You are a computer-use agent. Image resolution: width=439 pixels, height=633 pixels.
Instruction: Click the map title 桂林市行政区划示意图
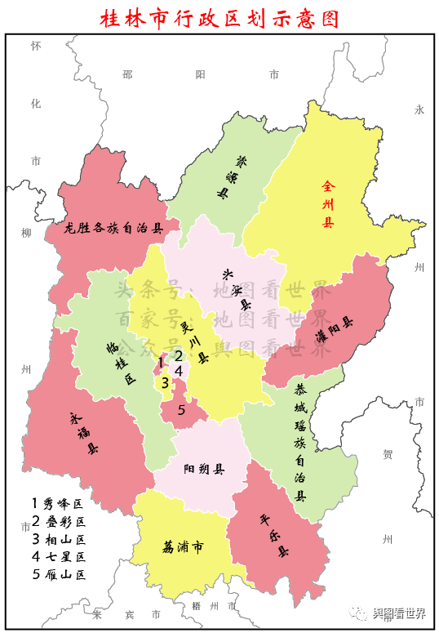coord(219,17)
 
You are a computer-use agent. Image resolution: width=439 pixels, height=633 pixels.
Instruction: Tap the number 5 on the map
coord(181,410)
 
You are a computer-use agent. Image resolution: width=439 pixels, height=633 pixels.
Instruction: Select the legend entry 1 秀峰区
coord(58,503)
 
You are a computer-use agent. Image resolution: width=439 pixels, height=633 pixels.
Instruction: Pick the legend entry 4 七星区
coord(58,556)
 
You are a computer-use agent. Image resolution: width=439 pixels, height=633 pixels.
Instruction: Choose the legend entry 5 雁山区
coord(58,574)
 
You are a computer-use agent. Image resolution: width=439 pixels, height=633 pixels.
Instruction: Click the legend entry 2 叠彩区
coord(58,521)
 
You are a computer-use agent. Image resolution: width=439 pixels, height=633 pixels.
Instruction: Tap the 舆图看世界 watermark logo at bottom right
coord(387,614)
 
